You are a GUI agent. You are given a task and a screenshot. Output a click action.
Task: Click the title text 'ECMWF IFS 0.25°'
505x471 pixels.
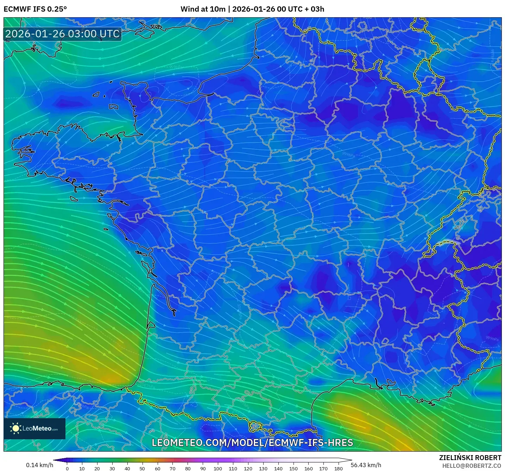(x=35, y=9)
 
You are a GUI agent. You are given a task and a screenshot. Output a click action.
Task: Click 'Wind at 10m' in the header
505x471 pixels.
(x=203, y=9)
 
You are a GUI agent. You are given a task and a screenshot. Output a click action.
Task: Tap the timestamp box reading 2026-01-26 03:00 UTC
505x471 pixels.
(x=63, y=34)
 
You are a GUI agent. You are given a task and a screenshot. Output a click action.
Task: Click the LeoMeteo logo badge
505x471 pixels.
(x=34, y=428)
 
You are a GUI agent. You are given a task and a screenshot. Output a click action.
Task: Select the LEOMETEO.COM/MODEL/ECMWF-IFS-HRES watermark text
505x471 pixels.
(x=252, y=443)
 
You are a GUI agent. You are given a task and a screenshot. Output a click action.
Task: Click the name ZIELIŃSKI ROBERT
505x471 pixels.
(x=470, y=458)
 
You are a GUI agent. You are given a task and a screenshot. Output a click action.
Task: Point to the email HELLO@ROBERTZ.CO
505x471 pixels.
(x=471, y=466)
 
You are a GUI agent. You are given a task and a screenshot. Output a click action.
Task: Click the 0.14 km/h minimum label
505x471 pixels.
(x=39, y=465)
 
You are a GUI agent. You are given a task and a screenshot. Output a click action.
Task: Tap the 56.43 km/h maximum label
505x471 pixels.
(x=366, y=465)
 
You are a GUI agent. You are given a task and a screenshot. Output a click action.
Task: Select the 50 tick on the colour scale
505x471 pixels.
(x=142, y=469)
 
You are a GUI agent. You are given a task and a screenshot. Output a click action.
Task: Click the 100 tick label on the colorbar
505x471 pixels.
(x=217, y=469)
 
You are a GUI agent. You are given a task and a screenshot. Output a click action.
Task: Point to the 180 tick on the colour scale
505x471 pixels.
(x=339, y=469)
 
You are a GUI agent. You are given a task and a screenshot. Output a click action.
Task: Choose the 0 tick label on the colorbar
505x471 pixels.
(x=67, y=469)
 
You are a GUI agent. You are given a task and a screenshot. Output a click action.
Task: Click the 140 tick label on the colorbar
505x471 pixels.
(x=278, y=469)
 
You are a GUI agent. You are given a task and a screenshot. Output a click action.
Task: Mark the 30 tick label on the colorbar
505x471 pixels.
(x=112, y=469)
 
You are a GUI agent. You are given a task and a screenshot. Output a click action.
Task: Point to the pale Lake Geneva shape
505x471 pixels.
(x=448, y=242)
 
